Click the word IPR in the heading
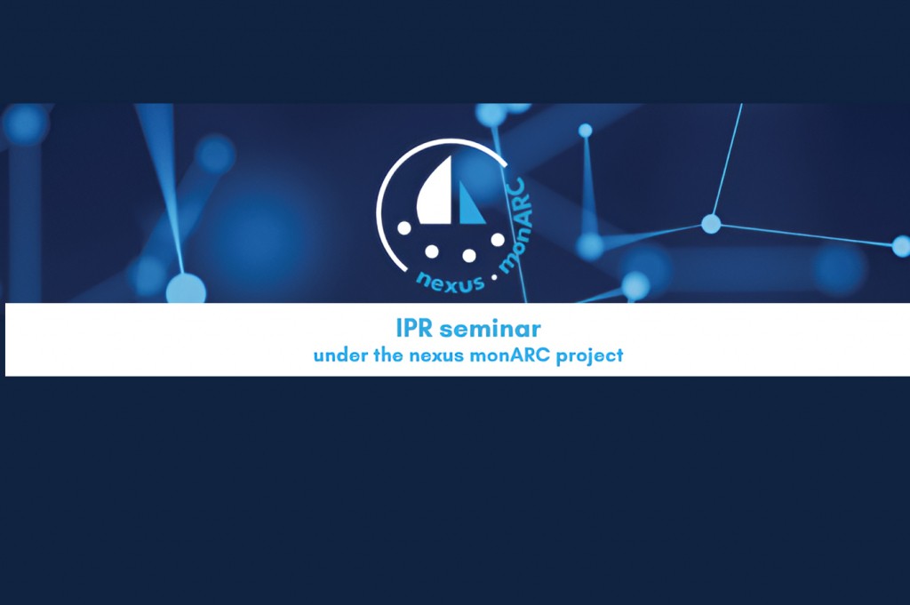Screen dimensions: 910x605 click(x=415, y=329)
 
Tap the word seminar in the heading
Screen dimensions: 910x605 click(x=491, y=329)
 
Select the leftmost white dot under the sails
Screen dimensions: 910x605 click(x=404, y=228)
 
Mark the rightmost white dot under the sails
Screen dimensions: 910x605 click(x=498, y=239)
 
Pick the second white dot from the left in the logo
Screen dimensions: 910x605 click(x=431, y=251)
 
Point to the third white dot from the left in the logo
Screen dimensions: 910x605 click(x=469, y=255)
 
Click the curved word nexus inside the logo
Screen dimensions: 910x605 click(x=451, y=283)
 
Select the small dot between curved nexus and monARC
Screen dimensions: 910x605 click(x=494, y=278)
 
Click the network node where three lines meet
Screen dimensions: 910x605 click(x=711, y=223)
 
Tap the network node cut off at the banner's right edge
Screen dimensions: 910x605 click(x=901, y=246)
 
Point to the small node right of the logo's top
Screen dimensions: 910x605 click(x=585, y=131)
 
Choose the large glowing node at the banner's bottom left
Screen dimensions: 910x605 click(x=186, y=289)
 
